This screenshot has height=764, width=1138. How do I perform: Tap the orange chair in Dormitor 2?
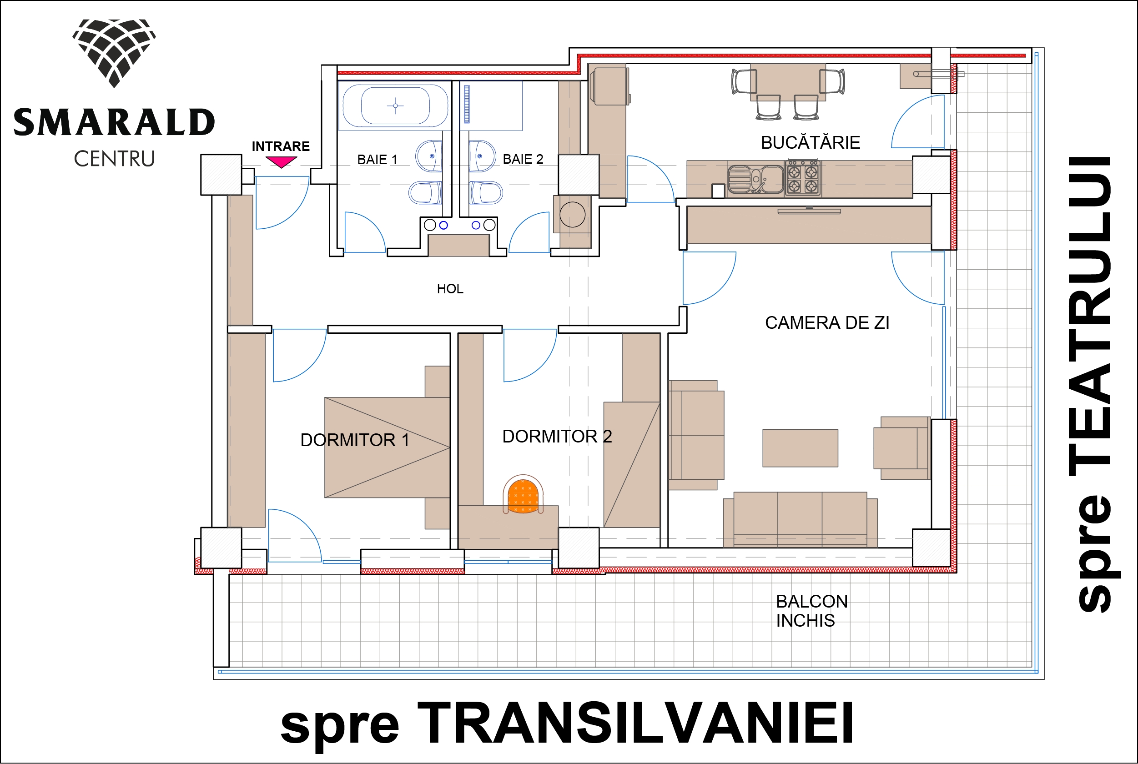pos(523,495)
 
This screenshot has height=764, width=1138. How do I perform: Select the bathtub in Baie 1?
pos(395,105)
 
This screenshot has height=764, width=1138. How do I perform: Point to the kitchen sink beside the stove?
pos(756,179)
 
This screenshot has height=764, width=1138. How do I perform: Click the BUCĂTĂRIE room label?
pos(811,142)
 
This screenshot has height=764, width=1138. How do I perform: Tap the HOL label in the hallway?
pos(450,289)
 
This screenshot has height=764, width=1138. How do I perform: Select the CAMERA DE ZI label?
pos(827,322)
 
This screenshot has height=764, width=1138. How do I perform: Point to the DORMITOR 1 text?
pos(355,440)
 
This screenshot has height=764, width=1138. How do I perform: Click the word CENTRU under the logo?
pos(114,159)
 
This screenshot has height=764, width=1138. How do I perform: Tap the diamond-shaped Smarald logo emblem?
pos(114,53)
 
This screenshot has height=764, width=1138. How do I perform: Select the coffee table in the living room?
pos(800,448)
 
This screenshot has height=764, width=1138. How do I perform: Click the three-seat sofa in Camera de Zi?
pos(800,520)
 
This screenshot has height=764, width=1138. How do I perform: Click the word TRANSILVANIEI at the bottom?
pos(635,723)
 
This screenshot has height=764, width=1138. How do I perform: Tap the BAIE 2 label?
pos(523,159)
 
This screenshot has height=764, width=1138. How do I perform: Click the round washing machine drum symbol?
pos(573,214)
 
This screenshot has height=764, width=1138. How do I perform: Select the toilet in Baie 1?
pos(425,192)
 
